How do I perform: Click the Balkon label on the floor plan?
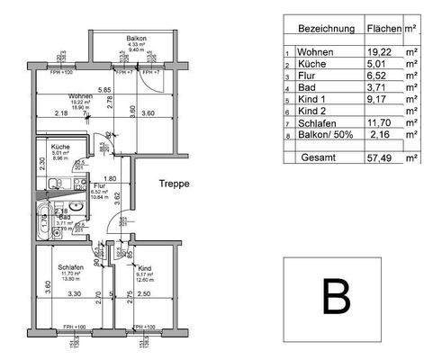pyautogui.click(x=137, y=38)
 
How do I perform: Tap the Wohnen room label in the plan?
pyautogui.click(x=81, y=95)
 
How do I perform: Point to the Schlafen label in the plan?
pyautogui.click(x=71, y=267)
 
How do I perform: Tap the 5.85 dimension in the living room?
pyautogui.click(x=104, y=90)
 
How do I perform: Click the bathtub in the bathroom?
pyautogui.click(x=42, y=218)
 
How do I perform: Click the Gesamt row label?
pyautogui.click(x=318, y=157)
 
